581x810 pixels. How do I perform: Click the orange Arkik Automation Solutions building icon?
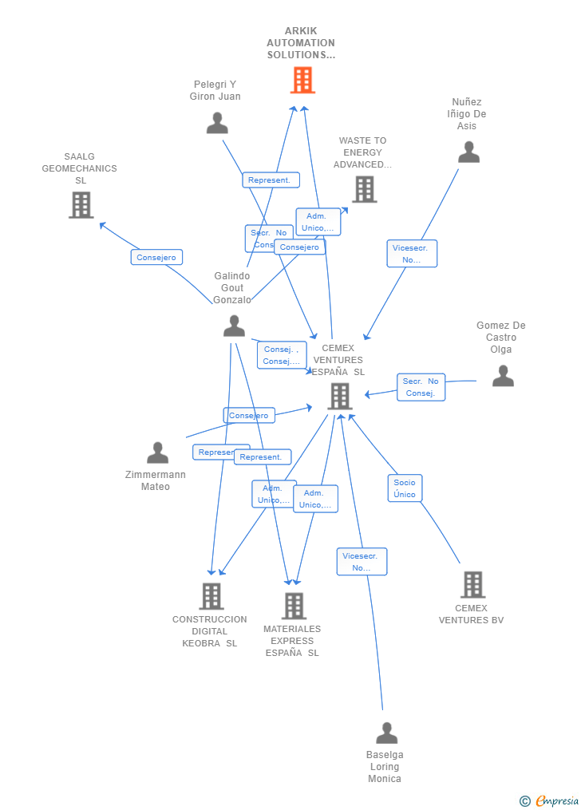(302, 80)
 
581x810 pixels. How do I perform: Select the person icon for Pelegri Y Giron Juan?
(217, 123)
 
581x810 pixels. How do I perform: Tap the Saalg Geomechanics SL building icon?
(81, 205)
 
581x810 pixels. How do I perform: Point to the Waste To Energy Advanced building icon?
(364, 189)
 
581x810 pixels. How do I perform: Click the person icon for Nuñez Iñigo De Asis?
(468, 152)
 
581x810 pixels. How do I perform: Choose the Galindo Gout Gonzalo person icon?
(234, 326)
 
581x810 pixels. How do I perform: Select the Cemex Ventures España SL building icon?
(339, 396)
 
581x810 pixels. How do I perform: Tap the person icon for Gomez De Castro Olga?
(503, 375)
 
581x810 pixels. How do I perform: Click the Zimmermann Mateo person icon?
(157, 452)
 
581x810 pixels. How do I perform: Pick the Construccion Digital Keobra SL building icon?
(211, 595)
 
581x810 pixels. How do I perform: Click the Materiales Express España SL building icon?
(294, 605)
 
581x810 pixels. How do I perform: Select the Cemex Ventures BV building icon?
(472, 584)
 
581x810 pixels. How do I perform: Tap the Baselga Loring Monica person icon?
(386, 733)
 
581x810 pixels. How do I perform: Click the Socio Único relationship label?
(405, 488)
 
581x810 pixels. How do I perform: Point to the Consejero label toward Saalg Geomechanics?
(156, 257)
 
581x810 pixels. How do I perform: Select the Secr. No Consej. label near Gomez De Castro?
(421, 387)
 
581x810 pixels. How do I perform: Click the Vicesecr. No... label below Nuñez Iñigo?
(411, 254)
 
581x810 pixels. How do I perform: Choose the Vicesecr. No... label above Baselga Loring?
(362, 562)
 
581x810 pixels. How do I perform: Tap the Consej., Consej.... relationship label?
(281, 355)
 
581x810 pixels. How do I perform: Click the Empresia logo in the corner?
(550, 800)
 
